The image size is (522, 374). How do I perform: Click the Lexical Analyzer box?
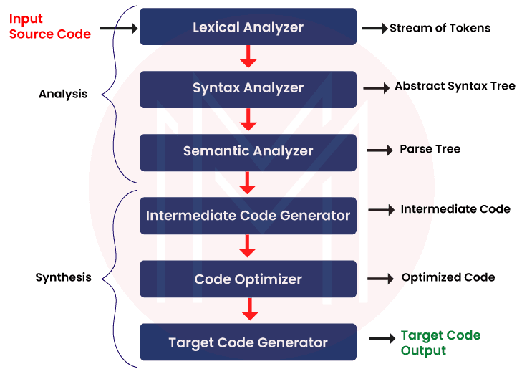[x=248, y=27]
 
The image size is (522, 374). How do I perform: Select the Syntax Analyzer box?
[x=248, y=88]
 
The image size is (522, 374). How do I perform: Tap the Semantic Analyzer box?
[x=248, y=151]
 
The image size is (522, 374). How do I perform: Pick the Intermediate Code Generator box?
[x=248, y=215]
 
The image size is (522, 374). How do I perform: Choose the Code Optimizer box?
[x=248, y=279]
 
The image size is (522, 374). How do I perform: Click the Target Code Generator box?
[x=248, y=342]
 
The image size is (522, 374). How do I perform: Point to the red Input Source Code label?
[x=49, y=26]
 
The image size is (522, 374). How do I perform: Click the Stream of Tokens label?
[x=440, y=28]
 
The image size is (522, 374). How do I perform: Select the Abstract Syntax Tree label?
[x=455, y=87]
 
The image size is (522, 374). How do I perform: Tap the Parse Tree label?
[x=430, y=150]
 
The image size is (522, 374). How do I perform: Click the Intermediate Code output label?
[x=455, y=209]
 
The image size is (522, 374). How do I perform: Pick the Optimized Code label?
[x=448, y=277]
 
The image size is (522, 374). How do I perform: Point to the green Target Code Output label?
[x=440, y=343]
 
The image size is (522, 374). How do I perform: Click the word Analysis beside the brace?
[x=63, y=94]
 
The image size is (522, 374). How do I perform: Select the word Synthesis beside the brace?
[x=63, y=277]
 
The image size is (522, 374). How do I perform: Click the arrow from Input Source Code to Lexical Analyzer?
[x=117, y=29]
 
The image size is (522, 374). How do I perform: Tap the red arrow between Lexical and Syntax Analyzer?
[x=248, y=57]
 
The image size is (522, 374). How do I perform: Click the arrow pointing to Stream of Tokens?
[x=374, y=29]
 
